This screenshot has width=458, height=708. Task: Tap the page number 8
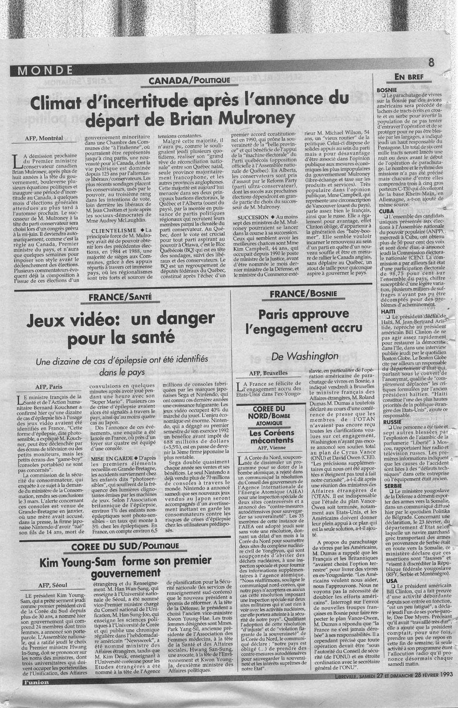(x=431, y=62)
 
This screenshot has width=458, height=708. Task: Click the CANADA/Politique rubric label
(x=189, y=80)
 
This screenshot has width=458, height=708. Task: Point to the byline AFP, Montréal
(x=45, y=138)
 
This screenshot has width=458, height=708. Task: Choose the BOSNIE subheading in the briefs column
(x=385, y=90)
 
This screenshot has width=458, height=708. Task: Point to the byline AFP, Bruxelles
(x=268, y=373)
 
